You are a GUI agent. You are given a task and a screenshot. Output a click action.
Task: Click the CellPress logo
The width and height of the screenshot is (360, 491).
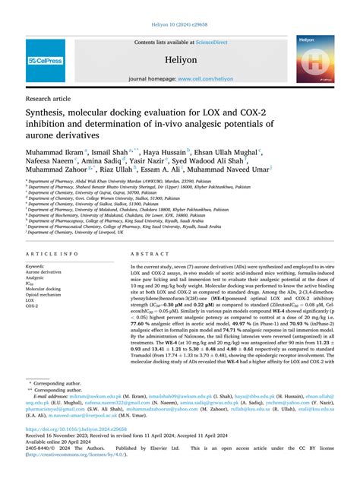45,60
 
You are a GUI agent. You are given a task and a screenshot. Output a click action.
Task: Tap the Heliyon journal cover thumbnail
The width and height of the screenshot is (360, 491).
314,60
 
